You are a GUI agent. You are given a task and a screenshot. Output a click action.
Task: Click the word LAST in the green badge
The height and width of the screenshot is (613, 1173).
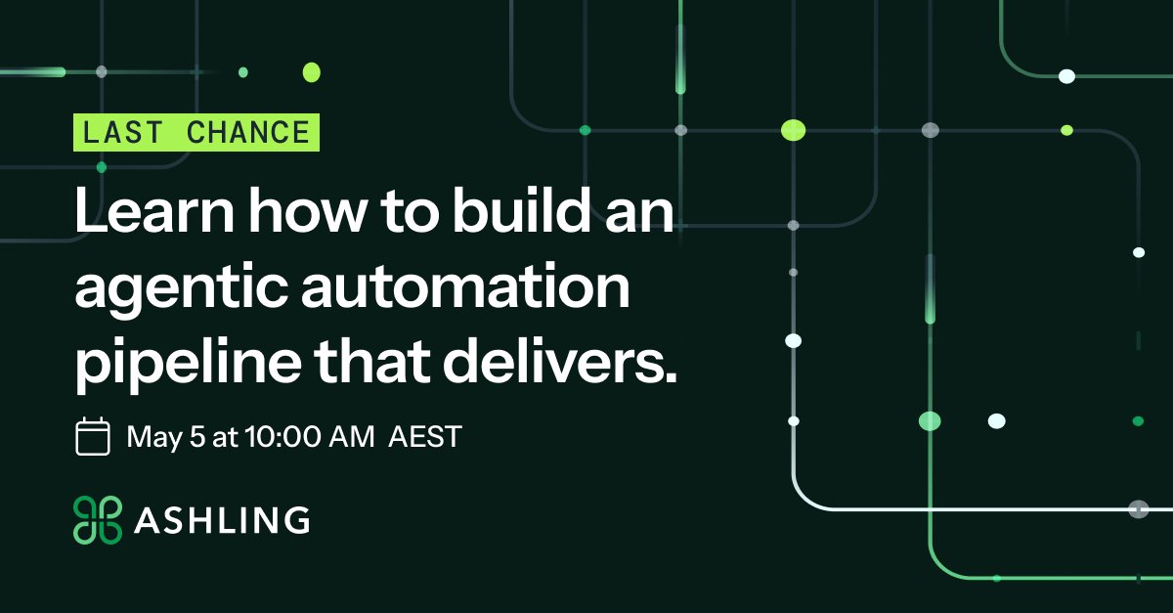[122, 132]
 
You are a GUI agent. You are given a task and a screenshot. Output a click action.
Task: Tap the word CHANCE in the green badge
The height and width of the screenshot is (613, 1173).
[248, 132]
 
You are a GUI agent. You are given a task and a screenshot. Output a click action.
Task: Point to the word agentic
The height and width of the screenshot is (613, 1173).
[181, 288]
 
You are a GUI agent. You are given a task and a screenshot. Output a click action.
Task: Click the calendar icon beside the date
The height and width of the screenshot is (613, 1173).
[93, 436]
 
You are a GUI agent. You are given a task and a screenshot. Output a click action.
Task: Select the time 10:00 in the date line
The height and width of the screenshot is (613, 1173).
[282, 436]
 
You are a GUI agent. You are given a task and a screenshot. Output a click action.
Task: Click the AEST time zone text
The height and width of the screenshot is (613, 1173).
[424, 436]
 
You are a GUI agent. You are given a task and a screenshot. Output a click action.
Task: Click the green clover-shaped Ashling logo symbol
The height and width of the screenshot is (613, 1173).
[98, 519]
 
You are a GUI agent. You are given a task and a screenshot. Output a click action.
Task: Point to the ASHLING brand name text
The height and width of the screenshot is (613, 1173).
[222, 520]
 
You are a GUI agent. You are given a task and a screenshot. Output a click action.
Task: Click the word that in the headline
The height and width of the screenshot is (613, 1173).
[371, 361]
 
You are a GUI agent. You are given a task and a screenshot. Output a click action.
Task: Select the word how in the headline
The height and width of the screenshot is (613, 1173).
[307, 209]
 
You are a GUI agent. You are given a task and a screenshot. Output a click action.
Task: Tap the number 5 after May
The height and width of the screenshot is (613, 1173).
[197, 436]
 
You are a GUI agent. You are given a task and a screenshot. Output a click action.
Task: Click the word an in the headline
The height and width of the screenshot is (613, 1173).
[639, 214]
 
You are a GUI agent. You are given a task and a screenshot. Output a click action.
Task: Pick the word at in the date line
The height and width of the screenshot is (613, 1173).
[225, 437]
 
